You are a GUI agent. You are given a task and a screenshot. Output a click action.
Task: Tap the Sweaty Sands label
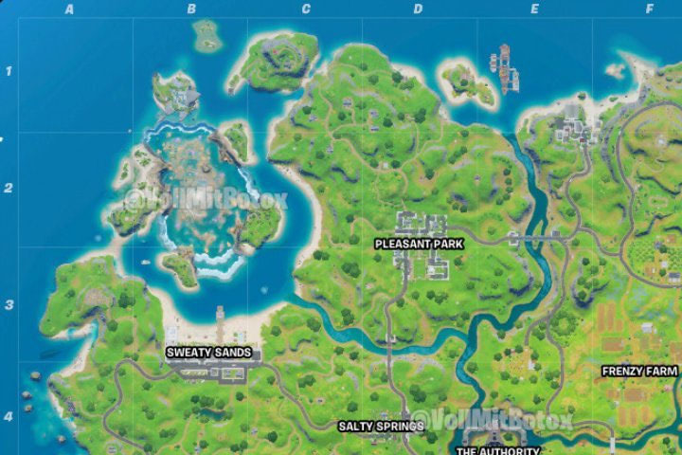[x=209, y=353]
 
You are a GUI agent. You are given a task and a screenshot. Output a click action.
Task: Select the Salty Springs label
[x=381, y=427]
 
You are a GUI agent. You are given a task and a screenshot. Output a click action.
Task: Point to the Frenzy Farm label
[x=639, y=371]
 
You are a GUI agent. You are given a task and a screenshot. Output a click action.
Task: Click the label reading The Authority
[x=497, y=451]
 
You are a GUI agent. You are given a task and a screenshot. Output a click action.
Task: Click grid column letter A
[x=69, y=9]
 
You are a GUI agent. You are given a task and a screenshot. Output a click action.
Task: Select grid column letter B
[x=191, y=9]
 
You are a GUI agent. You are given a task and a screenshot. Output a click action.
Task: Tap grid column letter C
[x=306, y=9]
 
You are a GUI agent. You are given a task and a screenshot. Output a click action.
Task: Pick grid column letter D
[x=418, y=9]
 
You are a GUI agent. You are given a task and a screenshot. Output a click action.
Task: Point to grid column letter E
[x=534, y=9]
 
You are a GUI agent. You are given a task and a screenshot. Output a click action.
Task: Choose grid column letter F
[x=650, y=9]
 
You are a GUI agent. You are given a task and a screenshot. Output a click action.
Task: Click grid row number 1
[x=9, y=71]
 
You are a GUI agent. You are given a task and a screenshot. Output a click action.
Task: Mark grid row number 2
[x=9, y=188]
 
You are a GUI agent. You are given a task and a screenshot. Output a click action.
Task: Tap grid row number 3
[x=9, y=305]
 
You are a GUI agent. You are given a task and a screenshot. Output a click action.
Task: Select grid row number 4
[x=9, y=416]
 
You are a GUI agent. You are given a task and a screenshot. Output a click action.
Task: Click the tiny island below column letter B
[x=207, y=36]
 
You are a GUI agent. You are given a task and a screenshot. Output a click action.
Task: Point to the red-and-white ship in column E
[x=508, y=67]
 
